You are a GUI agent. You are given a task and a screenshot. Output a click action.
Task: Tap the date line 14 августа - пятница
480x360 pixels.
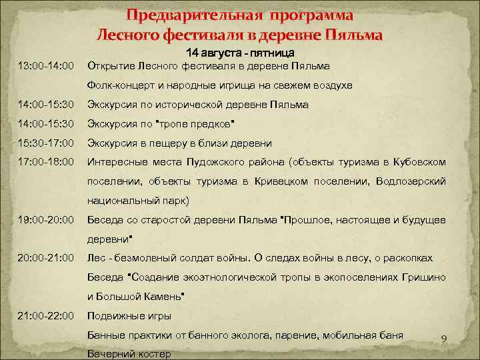coord(240,52)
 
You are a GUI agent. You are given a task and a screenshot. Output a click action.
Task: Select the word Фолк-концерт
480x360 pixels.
coord(119,86)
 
